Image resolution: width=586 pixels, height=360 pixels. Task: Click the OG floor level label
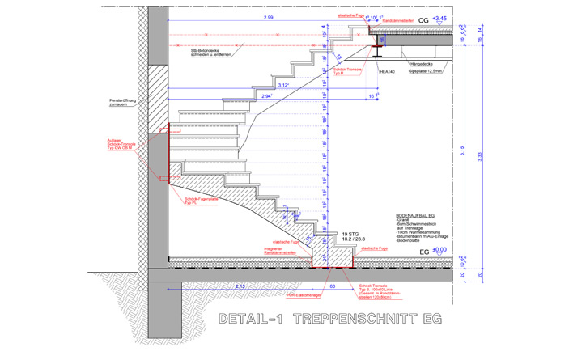pos(423,19)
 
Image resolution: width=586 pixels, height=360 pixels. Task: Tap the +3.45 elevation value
pos(439,18)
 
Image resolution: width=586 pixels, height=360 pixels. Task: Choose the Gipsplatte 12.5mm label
pos(425,71)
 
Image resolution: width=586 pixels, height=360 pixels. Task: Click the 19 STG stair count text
pos(350,234)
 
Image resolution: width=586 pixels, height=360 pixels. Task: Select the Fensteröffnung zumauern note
pos(123,104)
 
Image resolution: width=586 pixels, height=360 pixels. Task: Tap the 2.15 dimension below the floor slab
pos(240,286)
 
